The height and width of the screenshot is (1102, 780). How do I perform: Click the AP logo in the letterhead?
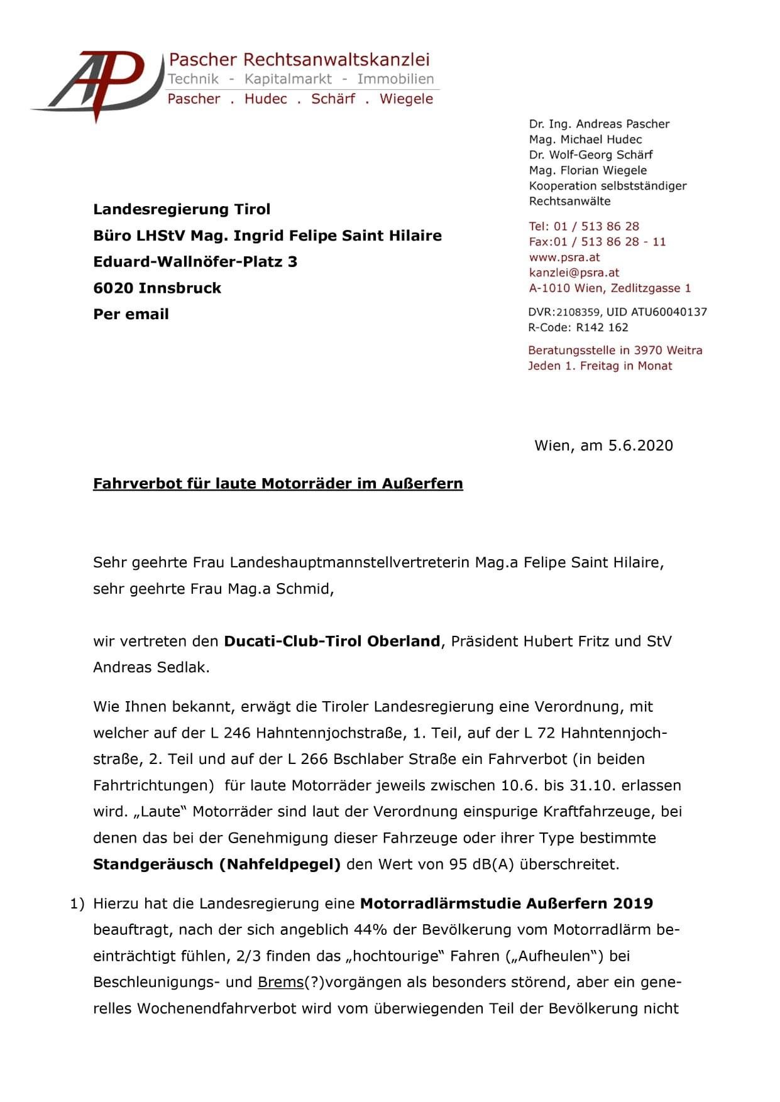[94, 85]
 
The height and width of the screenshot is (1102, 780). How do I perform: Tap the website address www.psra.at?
[564, 257]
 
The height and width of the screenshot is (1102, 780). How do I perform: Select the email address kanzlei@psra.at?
[574, 273]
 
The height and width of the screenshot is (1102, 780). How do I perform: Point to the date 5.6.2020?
[640, 445]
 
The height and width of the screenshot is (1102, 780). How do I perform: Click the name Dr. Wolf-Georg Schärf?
[590, 155]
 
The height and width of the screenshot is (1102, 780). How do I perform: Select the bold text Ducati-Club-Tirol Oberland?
[332, 641]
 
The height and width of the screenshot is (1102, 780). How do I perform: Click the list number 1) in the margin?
[77, 903]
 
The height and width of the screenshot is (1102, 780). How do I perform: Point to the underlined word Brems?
[280, 982]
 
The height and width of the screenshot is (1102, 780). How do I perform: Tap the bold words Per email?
[131, 314]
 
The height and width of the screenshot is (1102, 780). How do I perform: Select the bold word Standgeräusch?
[153, 865]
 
